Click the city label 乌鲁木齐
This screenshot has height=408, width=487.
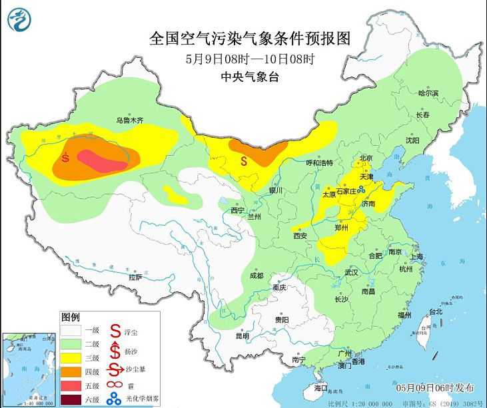[130, 121]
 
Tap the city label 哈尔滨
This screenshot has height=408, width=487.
[428, 93]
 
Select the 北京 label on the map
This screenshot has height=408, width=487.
[366, 158]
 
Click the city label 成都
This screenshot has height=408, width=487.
[256, 276]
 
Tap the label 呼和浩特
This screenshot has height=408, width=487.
[318, 163]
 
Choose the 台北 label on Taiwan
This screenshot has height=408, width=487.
[434, 311]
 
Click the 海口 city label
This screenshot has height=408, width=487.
[320, 387]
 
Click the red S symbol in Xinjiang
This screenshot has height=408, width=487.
[65, 158]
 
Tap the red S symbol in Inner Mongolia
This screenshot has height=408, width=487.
[244, 160]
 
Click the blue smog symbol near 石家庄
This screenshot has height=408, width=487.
[362, 190]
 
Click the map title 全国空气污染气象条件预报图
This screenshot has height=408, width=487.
[250, 36]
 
